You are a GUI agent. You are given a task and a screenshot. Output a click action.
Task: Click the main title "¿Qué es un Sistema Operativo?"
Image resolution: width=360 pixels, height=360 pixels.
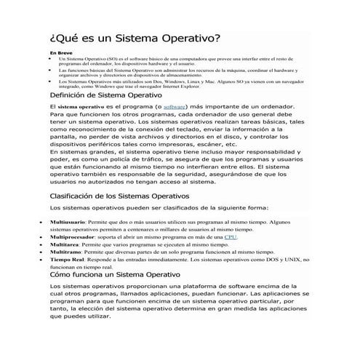(x=135, y=37)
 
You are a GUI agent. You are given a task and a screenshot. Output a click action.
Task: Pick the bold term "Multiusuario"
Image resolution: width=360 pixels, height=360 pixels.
(x=67, y=220)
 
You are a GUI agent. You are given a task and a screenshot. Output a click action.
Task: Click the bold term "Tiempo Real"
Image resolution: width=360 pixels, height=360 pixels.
(x=66, y=260)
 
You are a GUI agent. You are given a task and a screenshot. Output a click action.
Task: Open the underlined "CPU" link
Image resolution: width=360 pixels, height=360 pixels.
(x=231, y=236)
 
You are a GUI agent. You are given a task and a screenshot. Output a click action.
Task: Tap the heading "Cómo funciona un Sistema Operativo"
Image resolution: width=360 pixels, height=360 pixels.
(x=121, y=276)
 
